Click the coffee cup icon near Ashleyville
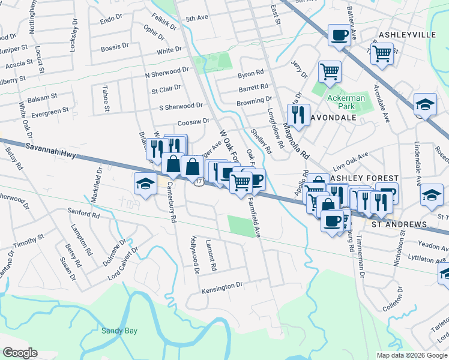coord(339,35)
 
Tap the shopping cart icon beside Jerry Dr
coord(330,71)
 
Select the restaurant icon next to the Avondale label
coord(298,113)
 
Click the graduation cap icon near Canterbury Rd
coord(145,183)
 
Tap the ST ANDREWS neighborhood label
coord(399,224)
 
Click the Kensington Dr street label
coord(221,287)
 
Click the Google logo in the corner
coord(19,353)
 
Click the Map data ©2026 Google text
coord(412,355)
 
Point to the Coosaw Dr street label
coord(193,121)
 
